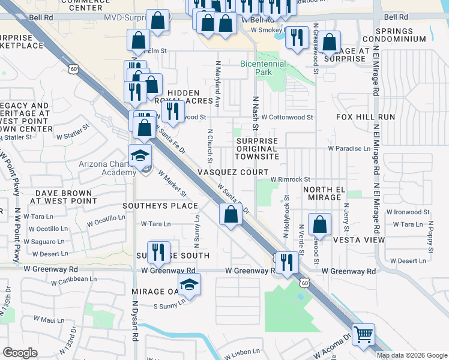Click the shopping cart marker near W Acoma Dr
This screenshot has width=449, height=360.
tap(364, 334)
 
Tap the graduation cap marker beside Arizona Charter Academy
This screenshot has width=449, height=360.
tap(140, 155)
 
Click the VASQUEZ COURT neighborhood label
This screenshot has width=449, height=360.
tap(233, 172)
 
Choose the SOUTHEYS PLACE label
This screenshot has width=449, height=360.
tap(160, 206)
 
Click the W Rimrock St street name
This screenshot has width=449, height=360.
tap(290, 179)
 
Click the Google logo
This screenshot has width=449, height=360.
tap(20, 353)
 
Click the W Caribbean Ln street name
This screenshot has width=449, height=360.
tap(74, 279)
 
